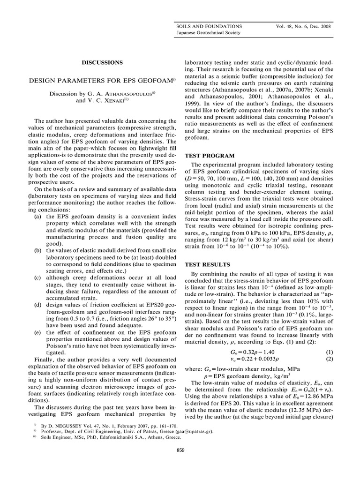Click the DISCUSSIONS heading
click(x=102, y=62)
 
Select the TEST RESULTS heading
click(x=207, y=265)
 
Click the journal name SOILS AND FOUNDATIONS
click(x=209, y=26)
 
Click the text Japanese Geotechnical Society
click(x=208, y=33)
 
